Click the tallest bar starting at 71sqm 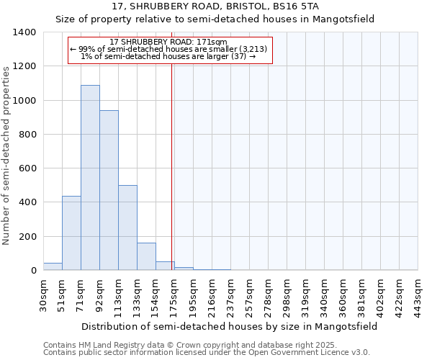(x=90, y=178)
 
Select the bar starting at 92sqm (x=109, y=190)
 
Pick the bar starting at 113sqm (x=127, y=228)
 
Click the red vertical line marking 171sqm (x=172, y=158)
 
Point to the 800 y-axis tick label (x=27, y=135)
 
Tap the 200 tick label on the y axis (x=27, y=237)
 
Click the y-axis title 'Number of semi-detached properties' (x=6, y=155)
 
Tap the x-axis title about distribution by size (x=228, y=326)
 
